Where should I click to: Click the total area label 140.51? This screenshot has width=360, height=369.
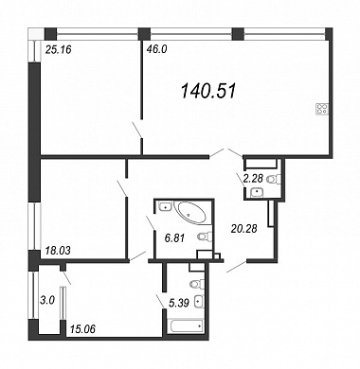point(208,92)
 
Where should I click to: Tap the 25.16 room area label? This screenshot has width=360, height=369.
point(59,49)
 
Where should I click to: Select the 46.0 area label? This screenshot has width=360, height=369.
point(155,49)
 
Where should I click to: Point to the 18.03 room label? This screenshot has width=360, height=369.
point(57,251)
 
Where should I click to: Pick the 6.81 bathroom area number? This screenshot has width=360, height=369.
point(174,238)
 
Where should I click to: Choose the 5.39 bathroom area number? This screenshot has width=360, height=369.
point(179,304)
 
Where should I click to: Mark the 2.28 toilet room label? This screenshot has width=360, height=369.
point(253,179)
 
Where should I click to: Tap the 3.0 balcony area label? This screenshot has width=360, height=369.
point(47,300)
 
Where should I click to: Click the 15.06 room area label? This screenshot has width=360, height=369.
point(81,329)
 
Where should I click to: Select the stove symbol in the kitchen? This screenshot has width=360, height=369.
point(322,109)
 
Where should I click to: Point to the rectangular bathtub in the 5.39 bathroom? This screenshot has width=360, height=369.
point(186,326)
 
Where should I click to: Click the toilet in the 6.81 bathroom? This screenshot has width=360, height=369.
point(205,237)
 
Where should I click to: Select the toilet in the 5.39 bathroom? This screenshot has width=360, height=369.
point(197,284)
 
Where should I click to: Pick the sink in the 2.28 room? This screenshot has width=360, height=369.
point(257,192)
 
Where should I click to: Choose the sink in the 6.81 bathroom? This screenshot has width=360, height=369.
point(165,207)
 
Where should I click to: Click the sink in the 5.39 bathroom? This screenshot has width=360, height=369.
point(199,302)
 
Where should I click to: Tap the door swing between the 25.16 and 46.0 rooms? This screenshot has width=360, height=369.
point(137,129)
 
